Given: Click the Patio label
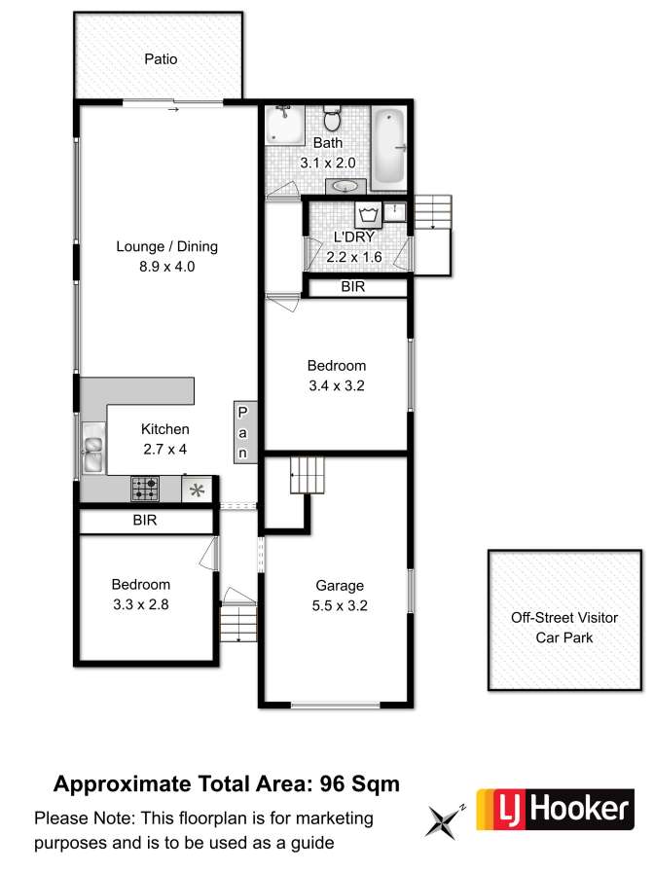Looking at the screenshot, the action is click(x=161, y=59).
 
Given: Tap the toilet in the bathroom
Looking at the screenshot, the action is click(x=333, y=118).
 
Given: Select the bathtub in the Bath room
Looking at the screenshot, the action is click(x=388, y=147).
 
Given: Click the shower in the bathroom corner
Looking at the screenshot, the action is click(x=284, y=124).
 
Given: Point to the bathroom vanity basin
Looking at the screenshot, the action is click(x=345, y=186).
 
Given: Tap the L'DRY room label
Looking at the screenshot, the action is click(x=353, y=236).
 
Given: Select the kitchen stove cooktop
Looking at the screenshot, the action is click(x=145, y=489).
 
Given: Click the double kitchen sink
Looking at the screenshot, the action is click(x=92, y=448).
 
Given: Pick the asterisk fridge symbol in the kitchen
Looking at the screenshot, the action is click(x=197, y=490).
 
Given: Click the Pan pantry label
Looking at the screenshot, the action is click(x=243, y=433).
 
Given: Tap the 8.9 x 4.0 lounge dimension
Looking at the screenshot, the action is click(x=166, y=267).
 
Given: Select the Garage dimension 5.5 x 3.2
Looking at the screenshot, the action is click(x=340, y=605).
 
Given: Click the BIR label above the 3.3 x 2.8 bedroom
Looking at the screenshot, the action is click(x=145, y=520).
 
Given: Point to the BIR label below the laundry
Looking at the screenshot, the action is click(x=353, y=286).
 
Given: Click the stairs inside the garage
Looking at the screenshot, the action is click(x=307, y=476).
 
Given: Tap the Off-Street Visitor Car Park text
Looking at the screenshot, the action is click(x=564, y=628).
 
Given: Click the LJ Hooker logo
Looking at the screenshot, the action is click(x=555, y=809).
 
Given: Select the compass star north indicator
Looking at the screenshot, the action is click(x=443, y=820).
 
